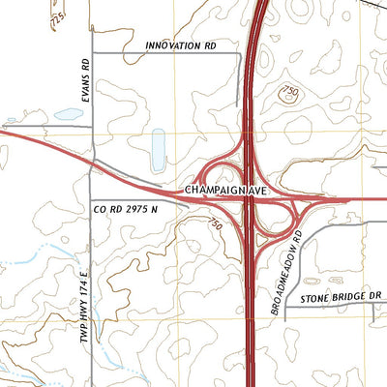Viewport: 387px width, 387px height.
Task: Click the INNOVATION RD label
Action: [180, 45]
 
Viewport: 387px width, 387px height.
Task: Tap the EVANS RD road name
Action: [86, 80]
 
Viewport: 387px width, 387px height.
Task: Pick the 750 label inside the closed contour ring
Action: [289, 92]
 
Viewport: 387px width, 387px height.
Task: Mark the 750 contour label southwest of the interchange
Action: [215, 224]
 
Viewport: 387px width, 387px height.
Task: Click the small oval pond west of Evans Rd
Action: [69, 113]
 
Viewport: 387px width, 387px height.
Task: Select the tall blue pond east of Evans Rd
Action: [158, 150]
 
